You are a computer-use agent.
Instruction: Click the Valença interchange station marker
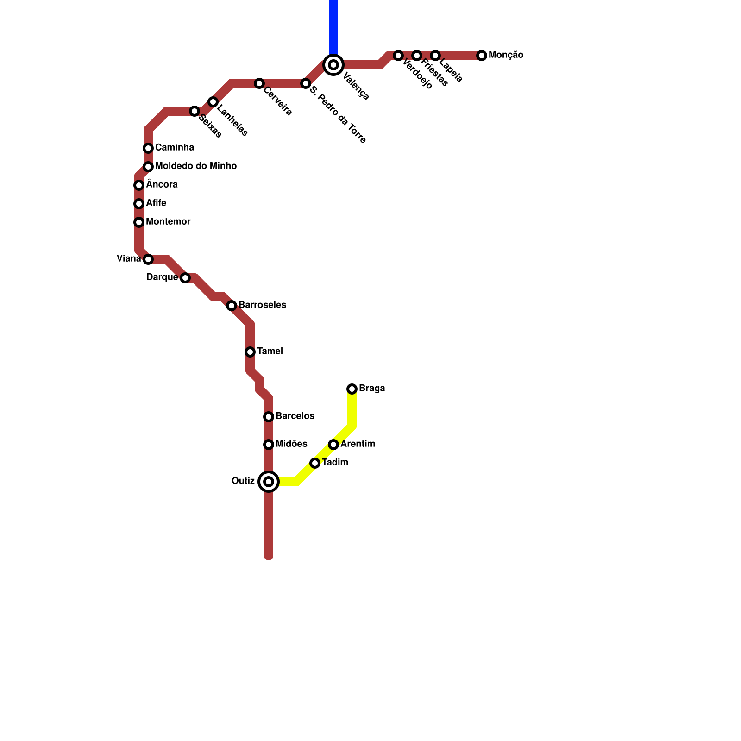pyautogui.click(x=333, y=65)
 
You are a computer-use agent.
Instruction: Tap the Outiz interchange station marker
pyautogui.click(x=269, y=482)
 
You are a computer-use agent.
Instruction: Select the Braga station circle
pyautogui.click(x=352, y=389)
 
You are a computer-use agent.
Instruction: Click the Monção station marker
pyautogui.click(x=482, y=56)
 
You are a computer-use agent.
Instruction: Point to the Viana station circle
pyautogui.click(x=148, y=259)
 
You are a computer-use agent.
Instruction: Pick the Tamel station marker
pyautogui.click(x=250, y=352)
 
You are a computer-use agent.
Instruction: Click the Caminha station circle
pyautogui.click(x=148, y=148)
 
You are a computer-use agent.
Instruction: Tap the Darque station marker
pyautogui.click(x=185, y=278)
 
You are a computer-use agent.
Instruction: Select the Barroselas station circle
pyautogui.click(x=232, y=306)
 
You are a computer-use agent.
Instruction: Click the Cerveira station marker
pyautogui.click(x=259, y=83)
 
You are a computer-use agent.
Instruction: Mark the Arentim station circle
pyautogui.click(x=333, y=445)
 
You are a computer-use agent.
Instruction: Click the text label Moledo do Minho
pyautogui.click(x=196, y=166)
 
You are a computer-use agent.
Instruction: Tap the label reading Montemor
pyautogui.click(x=168, y=221)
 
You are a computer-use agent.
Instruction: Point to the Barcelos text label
pyautogui.click(x=295, y=416)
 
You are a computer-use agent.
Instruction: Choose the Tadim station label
pyautogui.click(x=335, y=462)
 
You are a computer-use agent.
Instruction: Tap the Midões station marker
pyautogui.click(x=269, y=445)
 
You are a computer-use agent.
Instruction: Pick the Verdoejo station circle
pyautogui.click(x=398, y=56)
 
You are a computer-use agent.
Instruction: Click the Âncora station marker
pyautogui.click(x=139, y=185)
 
